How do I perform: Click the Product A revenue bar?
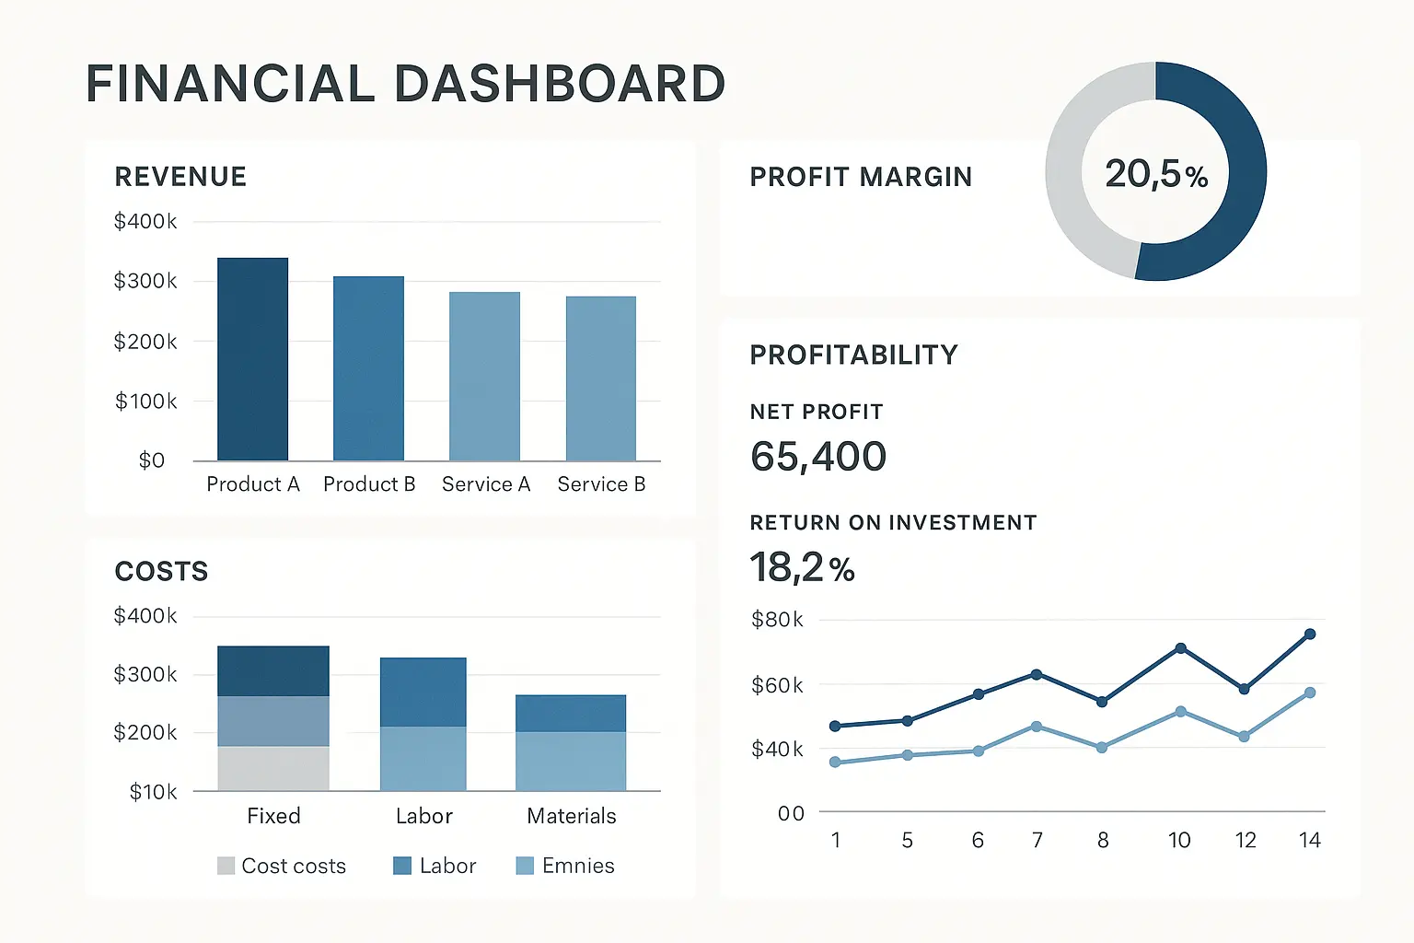(x=252, y=359)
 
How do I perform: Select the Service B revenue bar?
(x=601, y=378)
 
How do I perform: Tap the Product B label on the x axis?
(x=369, y=484)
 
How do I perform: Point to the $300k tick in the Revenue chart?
(x=145, y=281)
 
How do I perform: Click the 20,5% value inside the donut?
(x=1156, y=173)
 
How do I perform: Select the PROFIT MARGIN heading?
(x=861, y=177)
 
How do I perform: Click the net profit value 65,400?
(x=818, y=457)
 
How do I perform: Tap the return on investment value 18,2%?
(x=802, y=567)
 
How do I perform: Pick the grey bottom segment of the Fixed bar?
(x=273, y=768)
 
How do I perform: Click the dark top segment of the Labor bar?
(x=423, y=692)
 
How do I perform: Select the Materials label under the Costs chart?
(x=571, y=816)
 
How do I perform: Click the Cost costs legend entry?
(x=282, y=866)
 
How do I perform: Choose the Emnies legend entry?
(x=565, y=866)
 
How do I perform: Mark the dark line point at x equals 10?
(x=1180, y=648)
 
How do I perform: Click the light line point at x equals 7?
(x=1037, y=727)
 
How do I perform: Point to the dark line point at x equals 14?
(x=1310, y=634)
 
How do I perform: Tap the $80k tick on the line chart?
(x=777, y=620)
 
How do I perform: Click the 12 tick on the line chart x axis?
(x=1246, y=840)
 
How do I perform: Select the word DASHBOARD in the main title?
(x=560, y=84)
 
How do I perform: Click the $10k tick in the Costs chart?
(x=153, y=792)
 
